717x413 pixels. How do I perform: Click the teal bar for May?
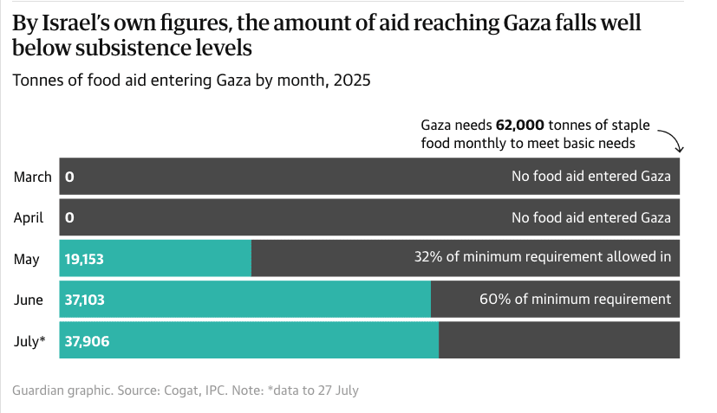tap(173, 258)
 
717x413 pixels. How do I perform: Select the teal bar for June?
tap(260, 299)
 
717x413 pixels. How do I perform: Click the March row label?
tap(33, 177)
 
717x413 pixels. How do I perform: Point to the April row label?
tap(29, 217)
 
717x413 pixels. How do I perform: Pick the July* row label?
tap(30, 340)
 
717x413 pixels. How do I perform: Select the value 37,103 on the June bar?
tap(85, 299)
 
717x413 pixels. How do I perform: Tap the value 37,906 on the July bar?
tap(87, 340)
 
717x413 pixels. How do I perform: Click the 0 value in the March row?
tap(69, 177)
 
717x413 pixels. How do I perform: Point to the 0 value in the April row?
tap(69, 217)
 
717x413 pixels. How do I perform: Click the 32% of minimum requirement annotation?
tap(543, 256)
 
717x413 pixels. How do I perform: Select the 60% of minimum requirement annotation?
tap(575, 299)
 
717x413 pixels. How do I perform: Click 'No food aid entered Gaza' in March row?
tap(591, 177)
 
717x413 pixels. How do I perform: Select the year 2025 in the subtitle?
tap(351, 81)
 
